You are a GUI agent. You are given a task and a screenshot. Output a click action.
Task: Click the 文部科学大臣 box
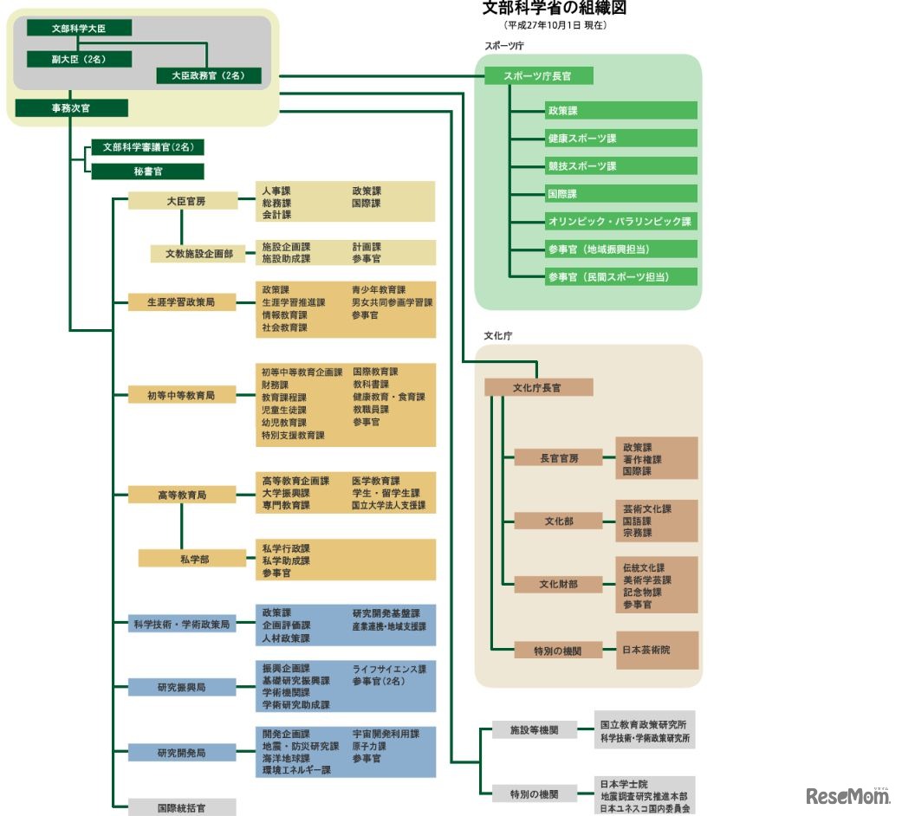coord(79,28)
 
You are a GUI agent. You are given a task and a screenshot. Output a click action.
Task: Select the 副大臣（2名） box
coord(79,59)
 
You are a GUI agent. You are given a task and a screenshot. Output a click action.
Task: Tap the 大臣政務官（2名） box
coord(209,75)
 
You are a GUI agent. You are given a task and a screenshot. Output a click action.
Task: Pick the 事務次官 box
coord(72,108)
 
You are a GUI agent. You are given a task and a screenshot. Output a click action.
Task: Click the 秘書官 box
coord(147,172)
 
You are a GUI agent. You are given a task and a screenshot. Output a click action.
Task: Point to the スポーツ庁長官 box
coord(538,76)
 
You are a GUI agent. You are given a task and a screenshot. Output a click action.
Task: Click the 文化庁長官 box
coord(538,387)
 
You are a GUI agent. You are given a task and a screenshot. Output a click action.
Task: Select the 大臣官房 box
coord(183,201)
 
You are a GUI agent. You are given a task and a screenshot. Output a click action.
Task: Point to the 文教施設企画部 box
coord(198,254)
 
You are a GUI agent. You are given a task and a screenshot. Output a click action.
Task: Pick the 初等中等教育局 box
coord(181,396)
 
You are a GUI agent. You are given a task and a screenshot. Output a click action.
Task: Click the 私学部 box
coord(193,560)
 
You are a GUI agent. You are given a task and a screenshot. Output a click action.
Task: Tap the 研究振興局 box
coord(181,688)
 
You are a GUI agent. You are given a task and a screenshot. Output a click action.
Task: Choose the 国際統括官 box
coord(181,807)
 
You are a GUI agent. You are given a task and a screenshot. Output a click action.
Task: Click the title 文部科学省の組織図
coord(554,9)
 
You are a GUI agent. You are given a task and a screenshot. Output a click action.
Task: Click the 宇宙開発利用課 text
coord(386,734)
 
